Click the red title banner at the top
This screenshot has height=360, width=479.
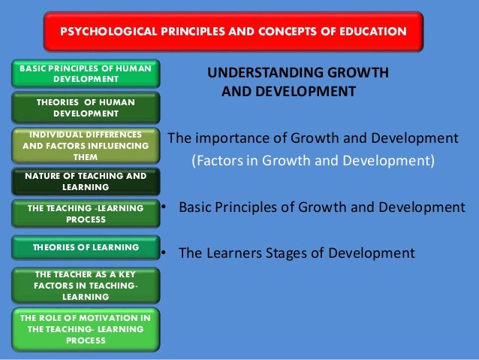click(x=234, y=32)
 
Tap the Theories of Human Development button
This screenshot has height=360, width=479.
click(x=86, y=107)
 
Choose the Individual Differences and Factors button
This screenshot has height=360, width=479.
click(x=86, y=145)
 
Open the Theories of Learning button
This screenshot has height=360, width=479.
click(x=86, y=247)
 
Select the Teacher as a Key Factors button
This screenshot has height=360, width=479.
click(x=86, y=286)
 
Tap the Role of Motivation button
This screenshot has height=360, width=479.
click(x=86, y=329)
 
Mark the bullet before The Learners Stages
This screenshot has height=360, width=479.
click(x=162, y=253)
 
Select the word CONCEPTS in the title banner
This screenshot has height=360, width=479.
click(x=288, y=32)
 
